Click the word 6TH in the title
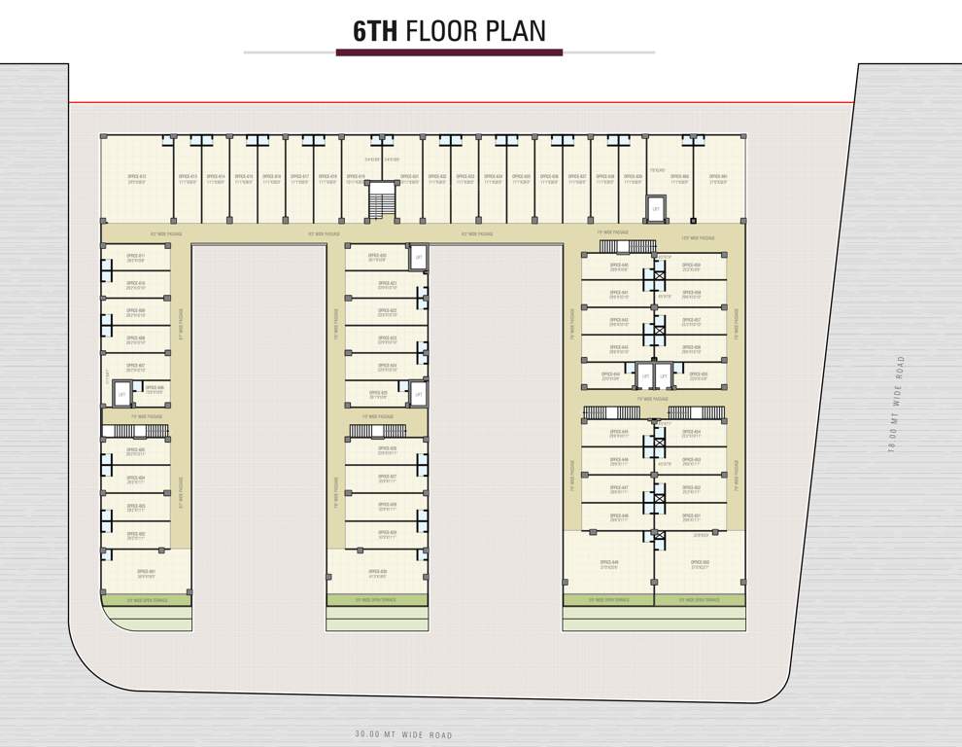[x=375, y=31]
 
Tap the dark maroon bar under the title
[x=449, y=52]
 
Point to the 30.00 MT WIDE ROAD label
[x=404, y=735]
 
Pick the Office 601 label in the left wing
[x=146, y=573]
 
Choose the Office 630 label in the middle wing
[x=378, y=573]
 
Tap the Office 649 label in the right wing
[x=609, y=564]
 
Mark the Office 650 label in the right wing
[x=700, y=564]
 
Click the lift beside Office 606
[x=121, y=394]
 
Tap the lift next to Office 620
[x=418, y=257]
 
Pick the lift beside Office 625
[x=418, y=394]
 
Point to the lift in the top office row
[x=656, y=208]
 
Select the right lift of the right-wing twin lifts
[x=664, y=376]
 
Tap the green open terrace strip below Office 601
[x=147, y=600]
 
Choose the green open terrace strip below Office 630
[x=377, y=600]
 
